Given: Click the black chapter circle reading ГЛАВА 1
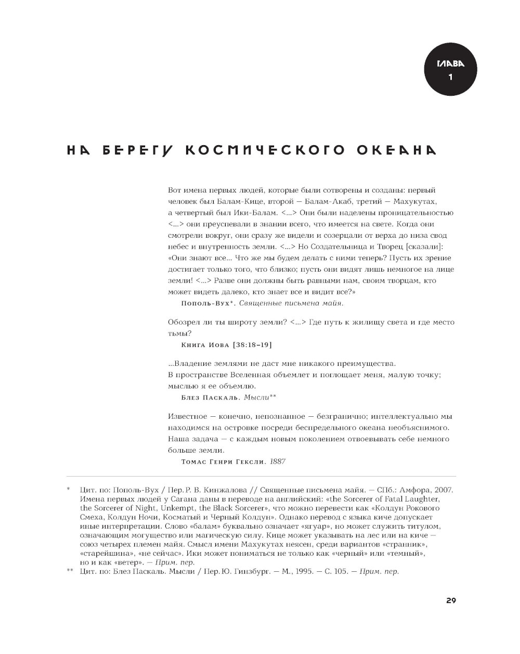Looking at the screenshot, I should click(450, 71).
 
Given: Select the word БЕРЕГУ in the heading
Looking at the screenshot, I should click(137, 150).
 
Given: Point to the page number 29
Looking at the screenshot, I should click(451, 600).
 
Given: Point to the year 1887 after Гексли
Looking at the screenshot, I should click(278, 461).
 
